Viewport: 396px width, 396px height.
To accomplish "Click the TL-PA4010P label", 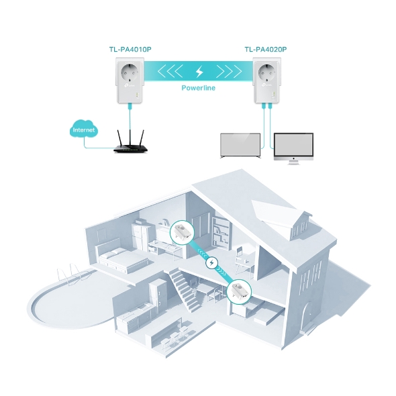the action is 130,49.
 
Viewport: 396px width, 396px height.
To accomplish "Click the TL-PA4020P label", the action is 266,49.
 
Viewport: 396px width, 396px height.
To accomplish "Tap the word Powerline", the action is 199,88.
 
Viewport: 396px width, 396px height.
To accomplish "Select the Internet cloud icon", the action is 84,130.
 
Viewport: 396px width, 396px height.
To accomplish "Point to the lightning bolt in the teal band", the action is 199,72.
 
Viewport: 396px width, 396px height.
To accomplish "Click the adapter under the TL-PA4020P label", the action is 267,81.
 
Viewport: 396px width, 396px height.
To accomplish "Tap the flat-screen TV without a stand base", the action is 240,146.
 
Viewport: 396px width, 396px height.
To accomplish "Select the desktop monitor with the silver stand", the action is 293,148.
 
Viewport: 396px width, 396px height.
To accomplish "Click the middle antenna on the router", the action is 130,138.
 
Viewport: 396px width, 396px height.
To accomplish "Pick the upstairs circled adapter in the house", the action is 182,232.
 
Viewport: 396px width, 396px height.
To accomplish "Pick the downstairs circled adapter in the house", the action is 239,292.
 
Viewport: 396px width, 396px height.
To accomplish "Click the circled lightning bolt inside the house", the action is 212,263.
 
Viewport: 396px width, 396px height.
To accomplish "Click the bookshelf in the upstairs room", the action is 219,232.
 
